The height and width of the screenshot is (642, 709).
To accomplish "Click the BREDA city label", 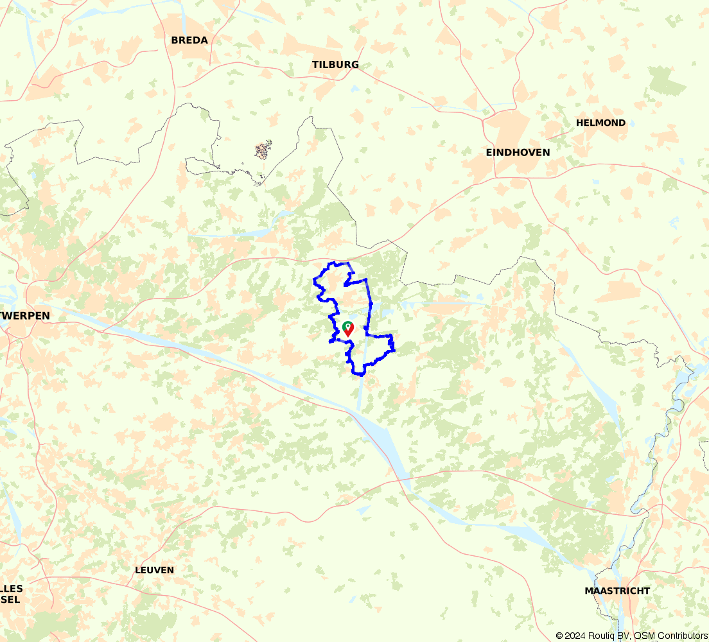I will pyautogui.click(x=189, y=40).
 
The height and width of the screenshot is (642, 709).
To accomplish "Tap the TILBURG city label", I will pyautogui.click(x=335, y=65).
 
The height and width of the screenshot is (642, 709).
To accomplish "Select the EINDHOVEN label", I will pyautogui.click(x=518, y=152).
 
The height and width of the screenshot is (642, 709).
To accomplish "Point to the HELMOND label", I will pyautogui.click(x=600, y=123).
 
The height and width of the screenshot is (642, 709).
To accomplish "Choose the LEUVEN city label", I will pyautogui.click(x=154, y=570).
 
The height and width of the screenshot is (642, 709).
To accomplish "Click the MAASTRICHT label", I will pyautogui.click(x=617, y=591).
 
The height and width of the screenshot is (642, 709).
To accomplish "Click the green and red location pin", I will pyautogui.click(x=347, y=329).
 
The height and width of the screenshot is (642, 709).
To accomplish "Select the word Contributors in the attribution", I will pyautogui.click(x=683, y=636).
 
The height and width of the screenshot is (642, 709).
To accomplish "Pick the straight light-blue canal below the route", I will pyautogui.click(x=360, y=392).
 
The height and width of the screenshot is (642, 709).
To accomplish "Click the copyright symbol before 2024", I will pyautogui.click(x=560, y=636).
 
